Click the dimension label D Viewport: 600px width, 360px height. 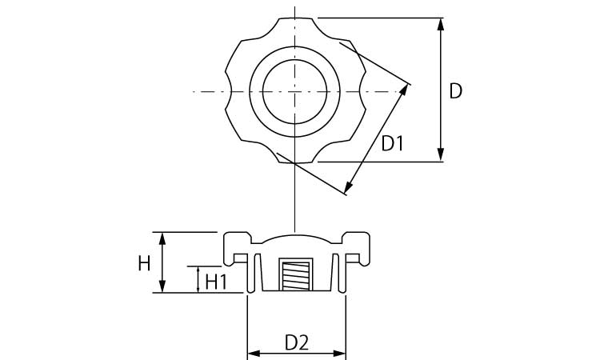(x=455, y=91)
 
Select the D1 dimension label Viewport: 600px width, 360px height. (x=392, y=144)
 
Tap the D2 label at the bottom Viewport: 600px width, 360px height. (x=297, y=342)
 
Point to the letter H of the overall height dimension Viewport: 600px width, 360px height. (x=144, y=262)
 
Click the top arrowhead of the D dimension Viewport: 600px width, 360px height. (x=441, y=23)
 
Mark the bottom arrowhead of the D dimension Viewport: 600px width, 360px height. (x=441, y=156)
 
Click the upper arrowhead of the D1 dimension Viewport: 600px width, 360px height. (x=406, y=88)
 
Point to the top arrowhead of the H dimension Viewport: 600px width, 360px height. (x=163, y=238)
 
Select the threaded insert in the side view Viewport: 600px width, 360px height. (x=297, y=276)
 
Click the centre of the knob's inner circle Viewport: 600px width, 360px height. (x=296, y=91)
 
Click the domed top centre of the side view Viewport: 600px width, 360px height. (x=296, y=237)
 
